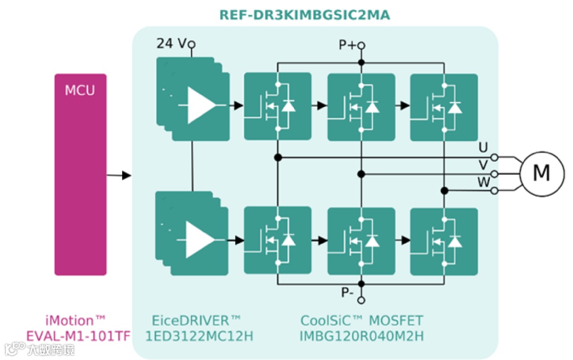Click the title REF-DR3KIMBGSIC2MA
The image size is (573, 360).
click(x=305, y=15)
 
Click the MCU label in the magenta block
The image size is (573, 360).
click(x=80, y=90)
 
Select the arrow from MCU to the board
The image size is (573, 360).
click(x=119, y=175)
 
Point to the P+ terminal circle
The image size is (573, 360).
click(x=361, y=46)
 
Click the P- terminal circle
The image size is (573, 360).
click(x=361, y=300)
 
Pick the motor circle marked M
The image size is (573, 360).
click(x=541, y=173)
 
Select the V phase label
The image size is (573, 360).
click(x=483, y=165)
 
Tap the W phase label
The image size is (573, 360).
click(x=484, y=182)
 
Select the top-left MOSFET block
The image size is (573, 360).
click(x=277, y=107)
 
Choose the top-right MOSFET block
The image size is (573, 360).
click(x=444, y=107)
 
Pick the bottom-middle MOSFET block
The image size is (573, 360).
click(x=361, y=241)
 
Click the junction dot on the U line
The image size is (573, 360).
click(x=277, y=157)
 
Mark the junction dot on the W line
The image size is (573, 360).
click(x=445, y=190)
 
